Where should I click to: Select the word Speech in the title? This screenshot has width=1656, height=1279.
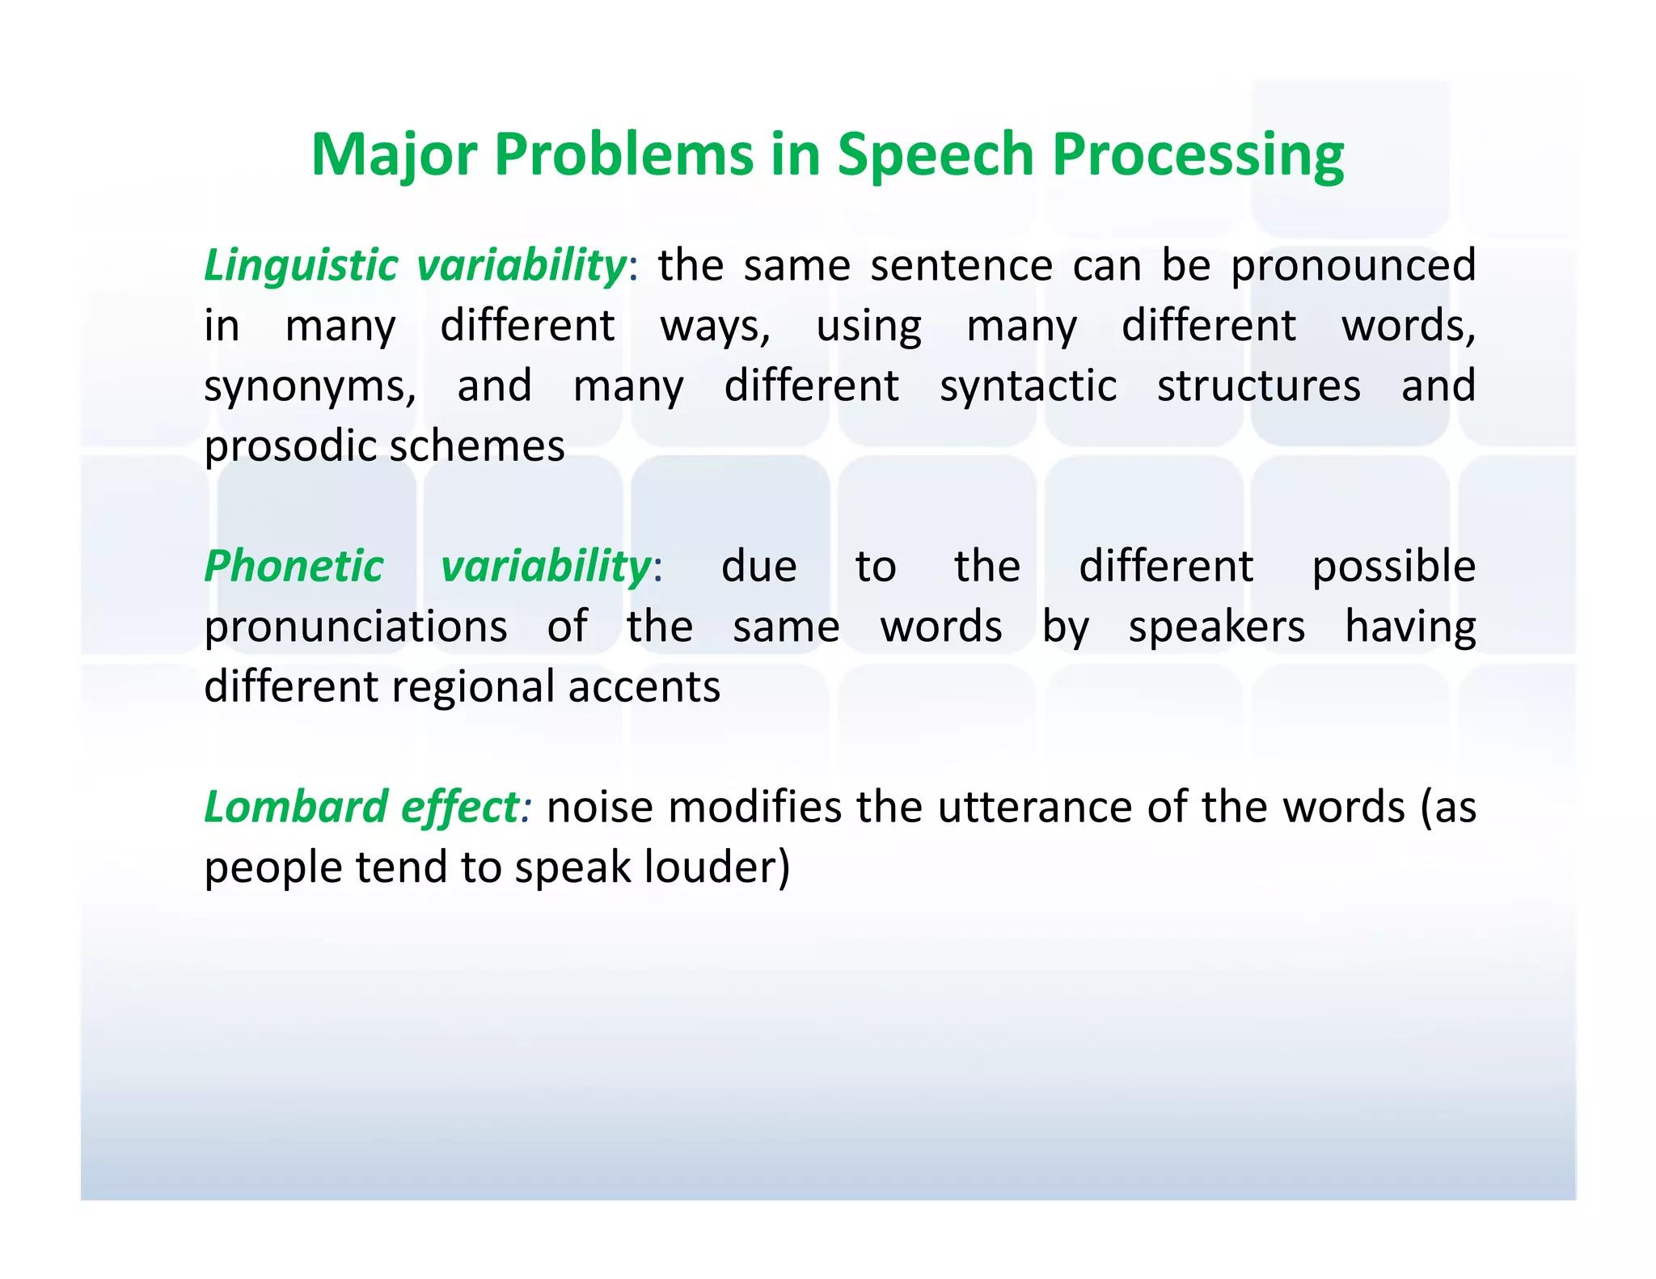(936, 155)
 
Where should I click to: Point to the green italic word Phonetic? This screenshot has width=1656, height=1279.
(294, 566)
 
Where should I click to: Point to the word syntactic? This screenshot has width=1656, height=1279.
(1028, 386)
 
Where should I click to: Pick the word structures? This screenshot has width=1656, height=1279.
(1258, 386)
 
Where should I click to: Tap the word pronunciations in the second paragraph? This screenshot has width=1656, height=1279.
(356, 627)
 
